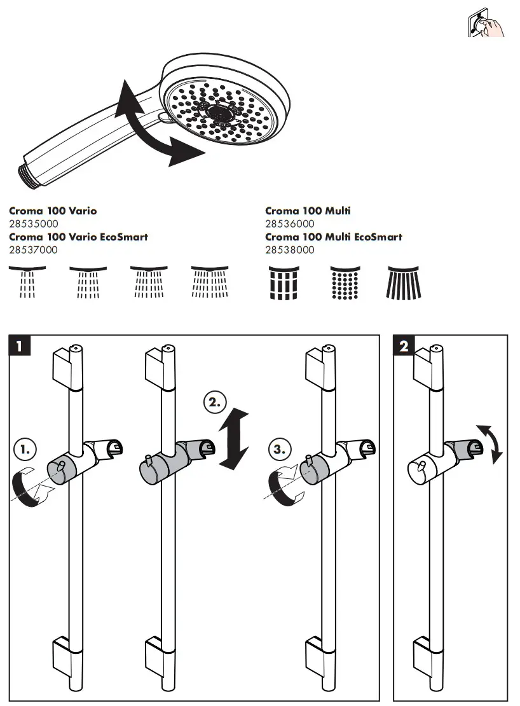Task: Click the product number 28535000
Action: coord(33,224)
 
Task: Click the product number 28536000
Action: coord(289,224)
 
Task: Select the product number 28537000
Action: coord(33,250)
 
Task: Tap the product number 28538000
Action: coord(289,250)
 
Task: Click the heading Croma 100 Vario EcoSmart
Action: coord(78,237)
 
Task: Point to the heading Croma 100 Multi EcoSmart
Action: coord(333,237)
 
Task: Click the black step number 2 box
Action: coord(404,346)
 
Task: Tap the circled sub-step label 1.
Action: coord(25,449)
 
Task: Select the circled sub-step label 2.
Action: coord(214,402)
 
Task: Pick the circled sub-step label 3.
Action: coord(280,449)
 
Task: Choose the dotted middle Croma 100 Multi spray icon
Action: coord(346,283)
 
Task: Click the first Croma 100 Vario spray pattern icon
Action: coord(27,282)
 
